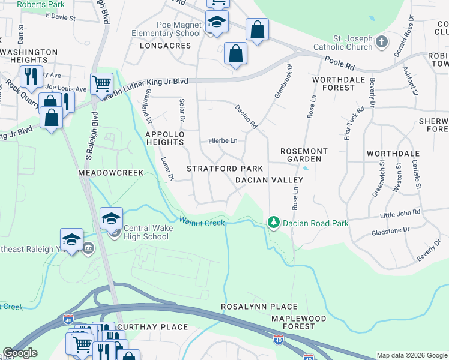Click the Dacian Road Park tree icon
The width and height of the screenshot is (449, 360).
pyautogui.click(x=274, y=223)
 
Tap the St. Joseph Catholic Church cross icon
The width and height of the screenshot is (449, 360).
pyautogui.click(x=382, y=42)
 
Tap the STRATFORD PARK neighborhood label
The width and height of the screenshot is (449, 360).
pyautogui.click(x=225, y=169)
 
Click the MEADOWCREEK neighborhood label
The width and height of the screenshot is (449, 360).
pyautogui.click(x=111, y=173)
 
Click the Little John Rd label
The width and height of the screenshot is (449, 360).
pyautogui.click(x=400, y=213)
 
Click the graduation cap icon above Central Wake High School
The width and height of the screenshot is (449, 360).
pyautogui.click(x=111, y=218)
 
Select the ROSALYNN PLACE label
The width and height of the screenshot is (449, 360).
pyautogui.click(x=250, y=307)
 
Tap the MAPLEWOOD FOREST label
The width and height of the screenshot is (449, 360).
pyautogui.click(x=298, y=322)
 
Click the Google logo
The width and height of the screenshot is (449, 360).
pyautogui.click(x=20, y=353)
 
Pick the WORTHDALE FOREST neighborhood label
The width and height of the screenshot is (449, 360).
pyautogui.click(x=333, y=83)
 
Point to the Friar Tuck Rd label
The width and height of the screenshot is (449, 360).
pyautogui.click(x=355, y=123)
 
